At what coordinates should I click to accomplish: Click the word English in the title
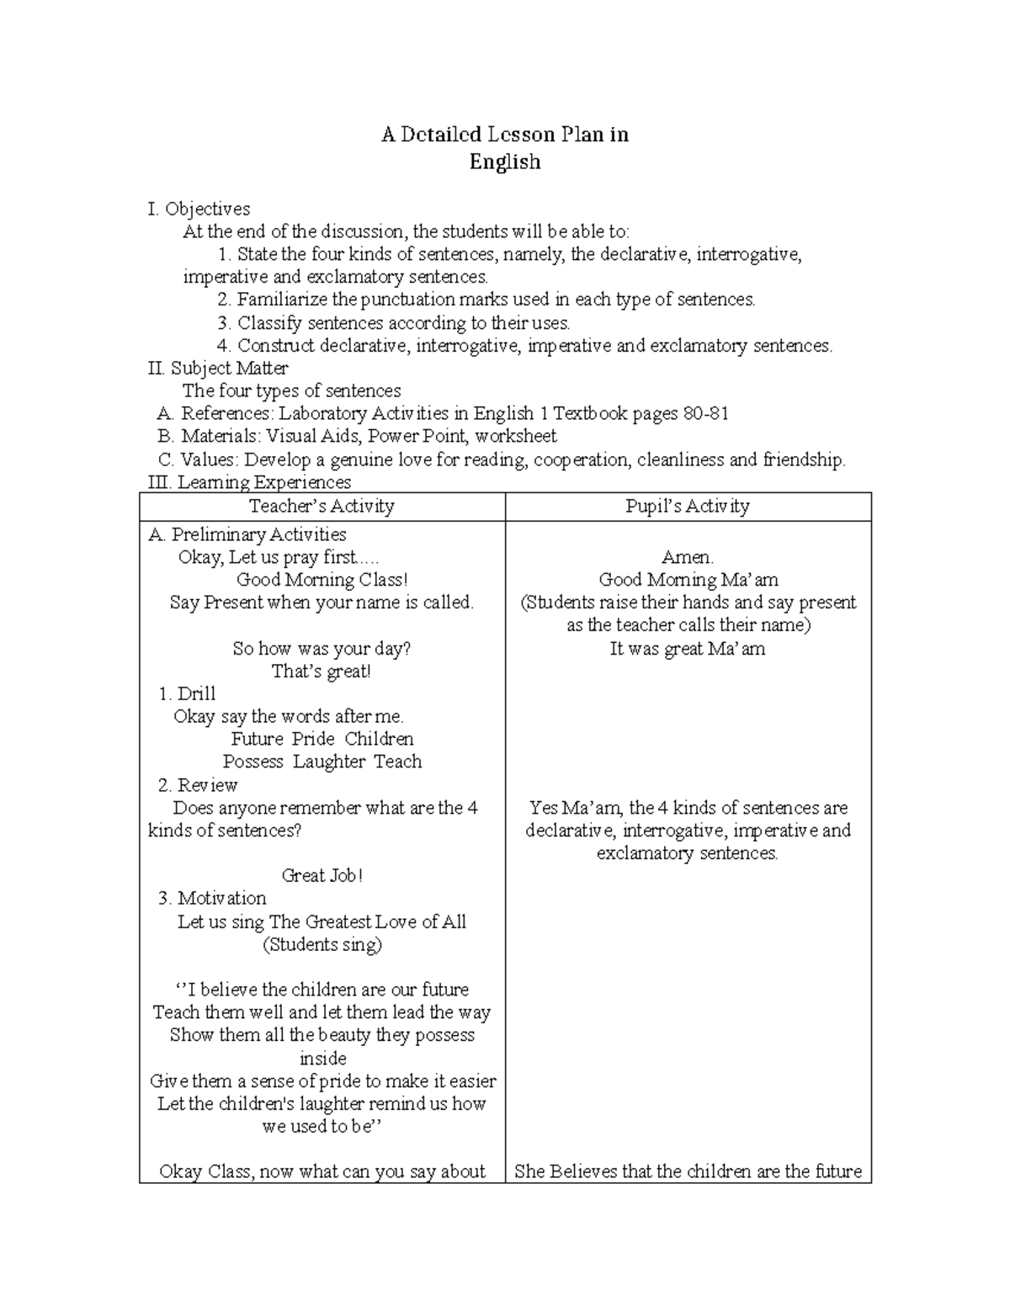tap(504, 162)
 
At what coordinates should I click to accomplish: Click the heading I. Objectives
tap(199, 209)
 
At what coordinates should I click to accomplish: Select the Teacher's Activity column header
tap(322, 506)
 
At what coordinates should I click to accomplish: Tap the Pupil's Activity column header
tap(687, 506)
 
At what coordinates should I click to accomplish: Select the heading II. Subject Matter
tap(218, 368)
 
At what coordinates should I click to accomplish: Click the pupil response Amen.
tap(687, 557)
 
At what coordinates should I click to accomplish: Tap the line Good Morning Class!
tap(322, 580)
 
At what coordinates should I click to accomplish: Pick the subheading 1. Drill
tap(187, 693)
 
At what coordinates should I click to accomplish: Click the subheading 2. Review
tap(198, 785)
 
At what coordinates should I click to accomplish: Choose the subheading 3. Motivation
tap(212, 898)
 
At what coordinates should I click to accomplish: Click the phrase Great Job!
tap(322, 875)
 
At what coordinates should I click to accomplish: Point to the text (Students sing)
tap(322, 944)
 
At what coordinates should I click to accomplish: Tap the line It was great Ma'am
tap(687, 649)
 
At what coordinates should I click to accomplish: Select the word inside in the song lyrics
tap(322, 1058)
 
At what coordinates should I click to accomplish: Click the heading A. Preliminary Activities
tap(247, 534)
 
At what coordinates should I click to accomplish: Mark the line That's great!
tap(322, 672)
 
